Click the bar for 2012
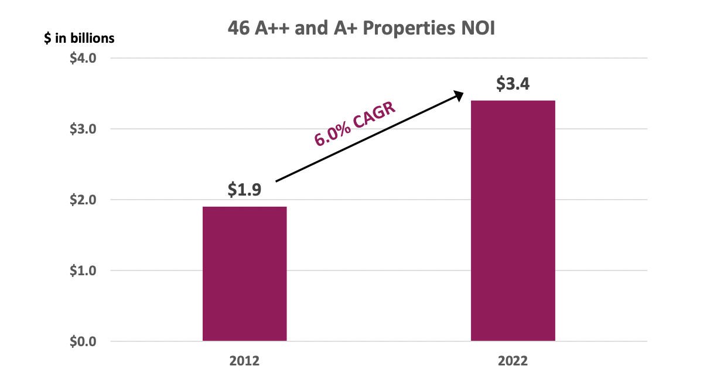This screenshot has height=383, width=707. pyautogui.click(x=244, y=273)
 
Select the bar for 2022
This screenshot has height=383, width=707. pyautogui.click(x=513, y=221)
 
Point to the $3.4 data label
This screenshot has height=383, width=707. pyautogui.click(x=513, y=84)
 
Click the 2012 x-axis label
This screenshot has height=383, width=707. pyautogui.click(x=244, y=361)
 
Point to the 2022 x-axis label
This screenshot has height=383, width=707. pyautogui.click(x=513, y=361)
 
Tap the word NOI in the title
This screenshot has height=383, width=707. pyautogui.click(x=478, y=29)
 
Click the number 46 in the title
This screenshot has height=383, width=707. pyautogui.click(x=238, y=29)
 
